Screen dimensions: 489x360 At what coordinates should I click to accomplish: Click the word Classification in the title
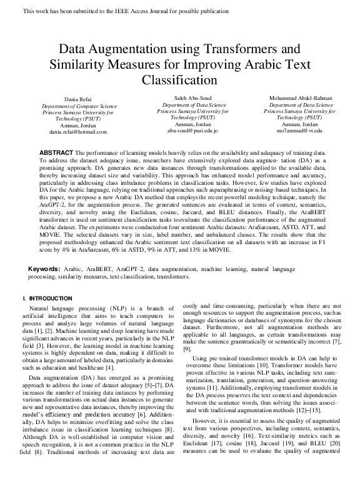click(179, 81)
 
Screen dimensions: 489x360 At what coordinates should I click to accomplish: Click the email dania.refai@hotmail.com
click(77, 132)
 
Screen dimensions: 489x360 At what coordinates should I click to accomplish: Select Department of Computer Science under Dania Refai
click(77, 106)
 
